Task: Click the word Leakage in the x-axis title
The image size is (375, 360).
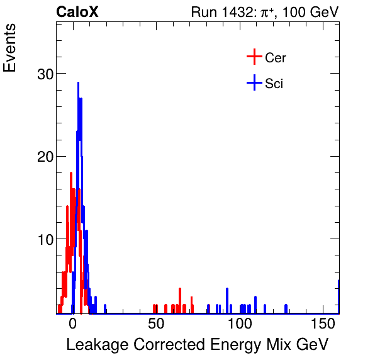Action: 96,345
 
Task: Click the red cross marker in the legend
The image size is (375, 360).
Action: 254,57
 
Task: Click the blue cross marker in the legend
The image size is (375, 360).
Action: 254,82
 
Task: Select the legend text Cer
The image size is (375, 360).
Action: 276,58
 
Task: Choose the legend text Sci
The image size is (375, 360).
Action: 274,83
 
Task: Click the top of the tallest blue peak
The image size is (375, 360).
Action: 78,82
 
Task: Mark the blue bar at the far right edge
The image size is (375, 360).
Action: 339,296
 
